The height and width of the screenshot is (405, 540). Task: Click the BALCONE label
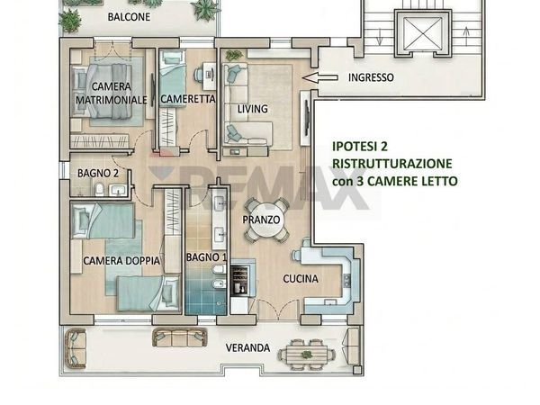(129, 17)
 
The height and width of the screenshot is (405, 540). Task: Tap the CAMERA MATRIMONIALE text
(111, 93)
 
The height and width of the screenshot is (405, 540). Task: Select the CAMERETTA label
(188, 100)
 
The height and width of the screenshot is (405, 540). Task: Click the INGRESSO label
(370, 78)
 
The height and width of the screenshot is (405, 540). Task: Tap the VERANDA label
(247, 347)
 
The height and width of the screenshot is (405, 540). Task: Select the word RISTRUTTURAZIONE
(391, 163)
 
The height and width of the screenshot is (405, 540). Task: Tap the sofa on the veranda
(180, 337)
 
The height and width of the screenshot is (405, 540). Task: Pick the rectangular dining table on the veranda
(307, 354)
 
